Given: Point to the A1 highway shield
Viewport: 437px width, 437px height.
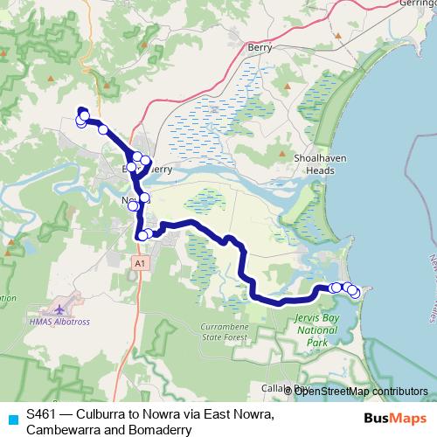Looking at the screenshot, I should (x=139, y=262).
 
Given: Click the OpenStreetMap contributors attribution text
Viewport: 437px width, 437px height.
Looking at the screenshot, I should (x=360, y=391).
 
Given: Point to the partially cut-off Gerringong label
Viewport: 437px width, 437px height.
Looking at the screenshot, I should (x=414, y=3).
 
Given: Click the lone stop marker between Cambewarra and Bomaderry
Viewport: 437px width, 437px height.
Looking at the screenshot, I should (x=103, y=129).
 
